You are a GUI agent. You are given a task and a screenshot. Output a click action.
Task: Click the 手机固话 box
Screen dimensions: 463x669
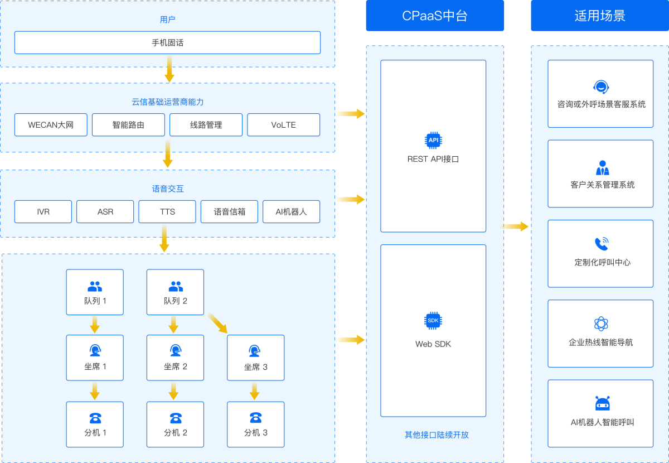167,42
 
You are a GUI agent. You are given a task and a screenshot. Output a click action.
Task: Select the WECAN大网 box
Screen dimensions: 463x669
51,125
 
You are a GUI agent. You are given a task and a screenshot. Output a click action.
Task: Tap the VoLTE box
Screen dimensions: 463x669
283,125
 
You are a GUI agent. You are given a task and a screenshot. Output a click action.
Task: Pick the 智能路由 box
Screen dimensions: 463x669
128,125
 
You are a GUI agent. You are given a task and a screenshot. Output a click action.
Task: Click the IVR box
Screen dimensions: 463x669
43,211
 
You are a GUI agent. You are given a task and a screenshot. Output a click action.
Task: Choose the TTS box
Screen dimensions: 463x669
167,211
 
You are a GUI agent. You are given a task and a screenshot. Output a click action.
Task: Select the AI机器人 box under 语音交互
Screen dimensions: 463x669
291,211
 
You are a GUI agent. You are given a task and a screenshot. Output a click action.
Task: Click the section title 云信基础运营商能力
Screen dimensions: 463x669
167,102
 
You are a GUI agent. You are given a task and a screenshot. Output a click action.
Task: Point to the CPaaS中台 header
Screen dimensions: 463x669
435,16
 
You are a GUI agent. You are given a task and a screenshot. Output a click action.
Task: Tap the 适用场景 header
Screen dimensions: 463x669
600,16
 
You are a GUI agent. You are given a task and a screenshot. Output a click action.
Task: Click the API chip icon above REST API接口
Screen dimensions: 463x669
433,140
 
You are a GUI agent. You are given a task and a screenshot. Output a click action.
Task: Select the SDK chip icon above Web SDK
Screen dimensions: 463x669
433,320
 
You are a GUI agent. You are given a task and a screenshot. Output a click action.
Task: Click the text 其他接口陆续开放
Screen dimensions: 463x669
437,435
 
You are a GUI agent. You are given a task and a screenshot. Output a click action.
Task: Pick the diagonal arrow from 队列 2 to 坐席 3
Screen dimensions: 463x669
217,324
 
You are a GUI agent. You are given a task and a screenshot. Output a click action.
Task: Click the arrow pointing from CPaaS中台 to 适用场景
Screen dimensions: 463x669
516,226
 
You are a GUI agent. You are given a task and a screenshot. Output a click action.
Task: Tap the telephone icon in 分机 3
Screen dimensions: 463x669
255,417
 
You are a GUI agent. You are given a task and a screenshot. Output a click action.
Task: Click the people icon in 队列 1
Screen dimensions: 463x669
95,287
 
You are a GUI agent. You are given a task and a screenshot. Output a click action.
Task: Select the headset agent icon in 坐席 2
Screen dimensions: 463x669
176,351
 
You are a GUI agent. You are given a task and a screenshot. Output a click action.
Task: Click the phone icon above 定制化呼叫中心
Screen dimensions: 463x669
601,244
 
